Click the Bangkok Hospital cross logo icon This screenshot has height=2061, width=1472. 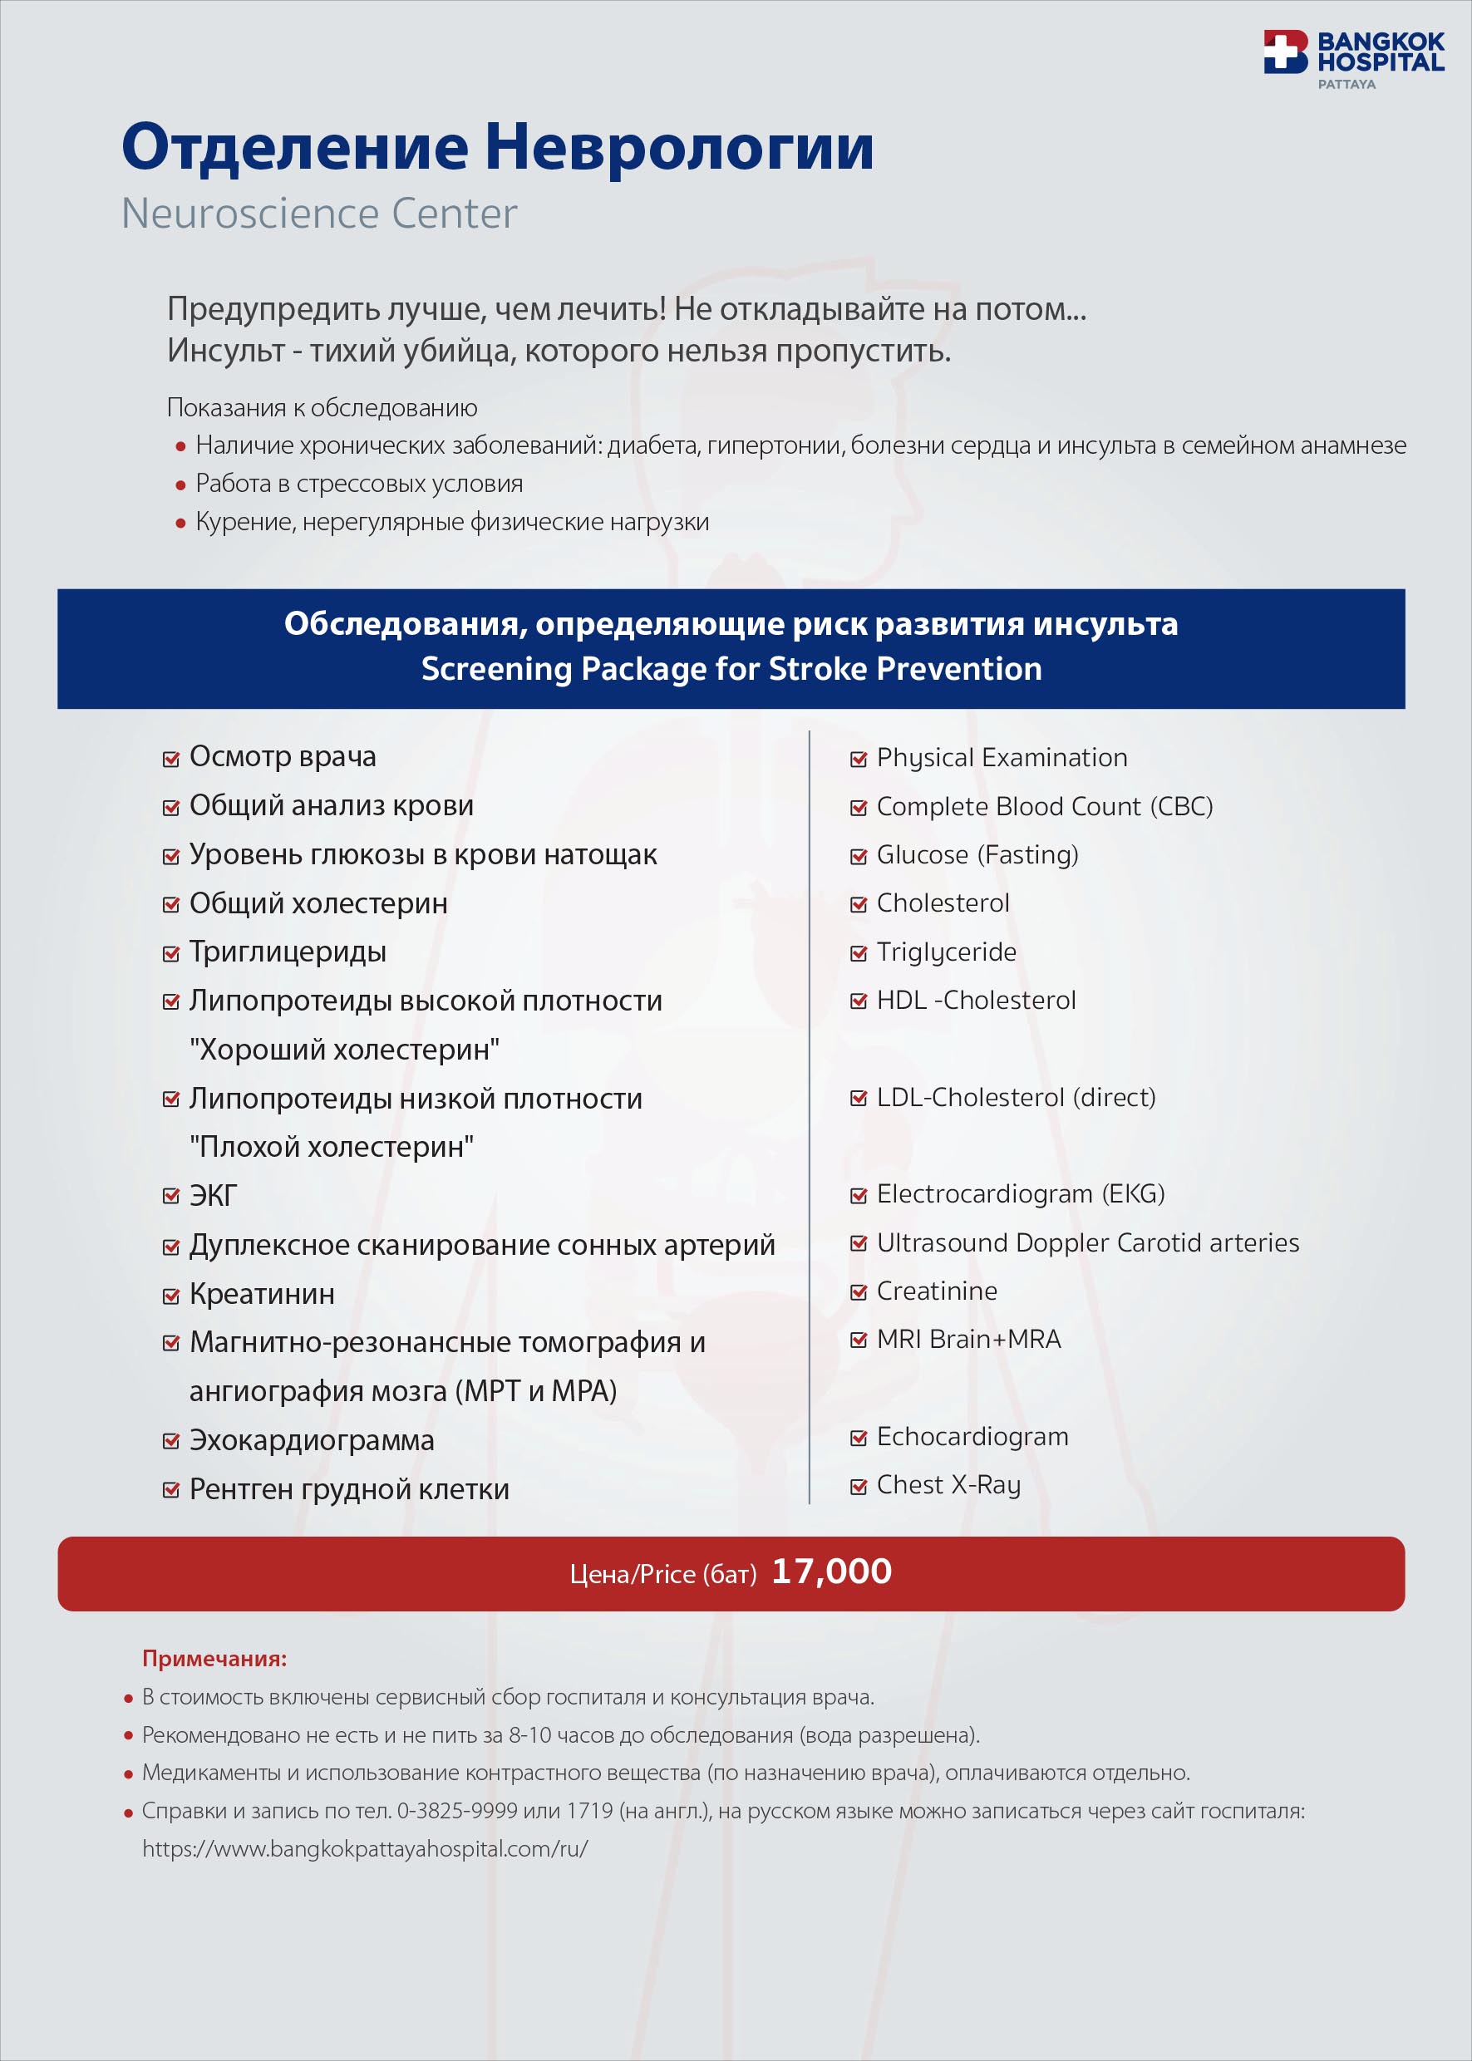[1284, 52]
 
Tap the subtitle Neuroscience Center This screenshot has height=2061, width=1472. [319, 214]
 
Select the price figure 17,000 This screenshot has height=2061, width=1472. [831, 1571]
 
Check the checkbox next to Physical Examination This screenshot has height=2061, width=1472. [859, 760]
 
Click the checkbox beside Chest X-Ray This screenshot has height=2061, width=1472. [859, 1487]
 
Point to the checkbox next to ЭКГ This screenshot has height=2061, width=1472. [170, 1197]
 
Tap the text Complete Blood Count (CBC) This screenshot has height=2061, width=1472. [1044, 807]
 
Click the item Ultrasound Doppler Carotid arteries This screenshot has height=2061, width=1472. [1088, 1242]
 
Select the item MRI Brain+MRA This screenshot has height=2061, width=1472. [968, 1340]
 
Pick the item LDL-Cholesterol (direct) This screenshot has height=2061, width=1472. [1016, 1098]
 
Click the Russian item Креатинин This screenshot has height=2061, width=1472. [262, 1294]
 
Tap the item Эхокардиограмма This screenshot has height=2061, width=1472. [312, 1440]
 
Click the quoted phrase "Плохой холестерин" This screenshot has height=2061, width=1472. [332, 1148]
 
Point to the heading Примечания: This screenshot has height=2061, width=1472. [214, 1659]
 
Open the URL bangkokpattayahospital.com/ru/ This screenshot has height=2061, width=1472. [365, 1849]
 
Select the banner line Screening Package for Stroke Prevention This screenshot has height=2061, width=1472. [731, 669]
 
